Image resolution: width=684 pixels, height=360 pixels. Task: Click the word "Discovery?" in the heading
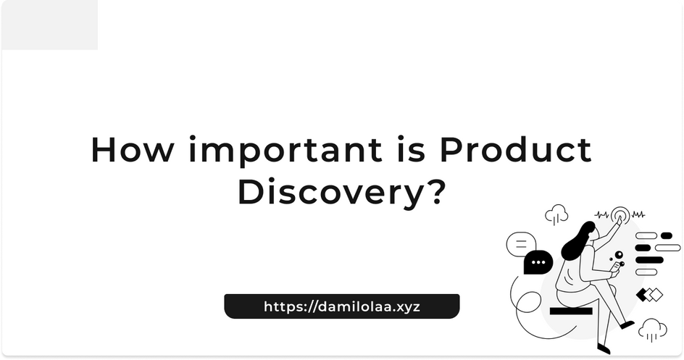point(341,192)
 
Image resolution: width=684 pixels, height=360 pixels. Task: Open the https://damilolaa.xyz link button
point(341,306)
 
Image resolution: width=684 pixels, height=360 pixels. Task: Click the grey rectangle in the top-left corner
point(50,25)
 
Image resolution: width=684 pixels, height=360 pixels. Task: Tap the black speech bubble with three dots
point(538,262)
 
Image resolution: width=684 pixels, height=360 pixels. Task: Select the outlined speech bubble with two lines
point(521,244)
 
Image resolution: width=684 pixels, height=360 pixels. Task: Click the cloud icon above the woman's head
point(556,214)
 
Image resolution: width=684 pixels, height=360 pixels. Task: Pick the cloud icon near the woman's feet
point(652,329)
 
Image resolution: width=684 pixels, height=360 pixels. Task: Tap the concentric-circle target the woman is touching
point(620,215)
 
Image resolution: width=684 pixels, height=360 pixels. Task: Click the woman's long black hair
point(577,241)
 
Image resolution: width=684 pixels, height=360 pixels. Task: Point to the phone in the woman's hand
point(615,267)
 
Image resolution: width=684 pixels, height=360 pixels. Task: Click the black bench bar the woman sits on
point(570,311)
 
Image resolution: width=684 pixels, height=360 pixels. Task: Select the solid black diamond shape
point(642,295)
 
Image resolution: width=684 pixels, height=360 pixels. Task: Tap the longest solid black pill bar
point(649,260)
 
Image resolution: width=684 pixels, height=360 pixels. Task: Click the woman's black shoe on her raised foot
point(627,325)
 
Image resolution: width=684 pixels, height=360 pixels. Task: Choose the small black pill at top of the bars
point(666,236)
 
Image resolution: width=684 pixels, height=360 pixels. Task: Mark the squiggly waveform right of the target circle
point(638,214)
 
